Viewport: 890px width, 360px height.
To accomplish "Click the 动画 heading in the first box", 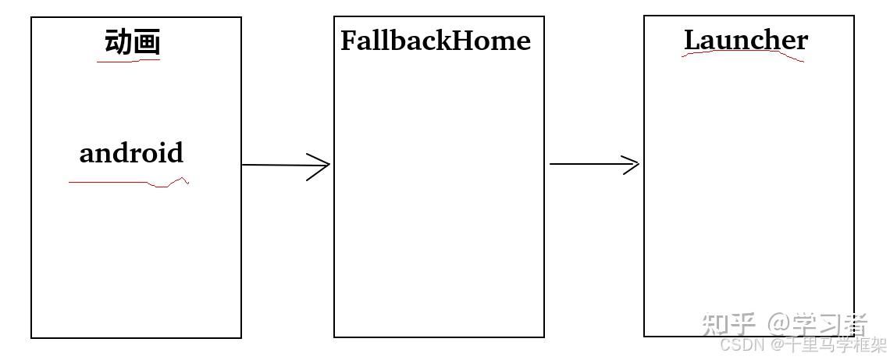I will [132, 42].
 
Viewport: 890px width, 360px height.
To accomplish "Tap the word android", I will [131, 152].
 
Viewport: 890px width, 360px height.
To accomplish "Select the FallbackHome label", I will [435, 41].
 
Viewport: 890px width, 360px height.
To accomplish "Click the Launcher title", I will [746, 40].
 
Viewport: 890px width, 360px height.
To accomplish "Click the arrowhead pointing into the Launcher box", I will [630, 164].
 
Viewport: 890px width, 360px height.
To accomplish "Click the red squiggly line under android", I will [129, 183].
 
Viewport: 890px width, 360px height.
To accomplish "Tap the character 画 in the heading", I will [146, 42].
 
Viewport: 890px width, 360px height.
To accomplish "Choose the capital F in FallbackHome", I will [348, 41].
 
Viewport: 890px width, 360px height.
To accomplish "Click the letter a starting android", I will [87, 154].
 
